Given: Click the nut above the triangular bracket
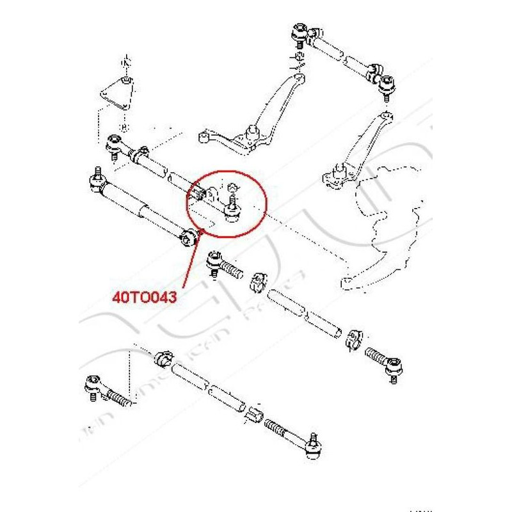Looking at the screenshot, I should point(125,63).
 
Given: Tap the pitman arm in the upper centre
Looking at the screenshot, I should point(269,109).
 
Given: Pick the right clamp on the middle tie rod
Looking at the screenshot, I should point(355,339).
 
